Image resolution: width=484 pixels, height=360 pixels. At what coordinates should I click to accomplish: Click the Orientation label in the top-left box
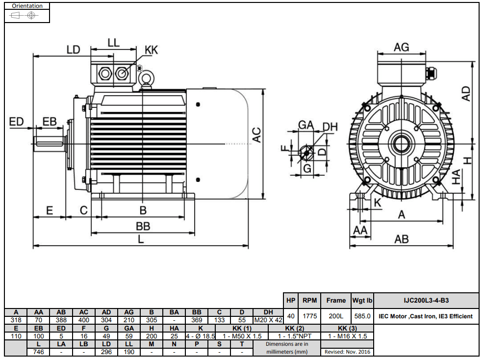click(27, 6)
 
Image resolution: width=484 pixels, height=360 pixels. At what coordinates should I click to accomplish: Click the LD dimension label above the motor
click(74, 50)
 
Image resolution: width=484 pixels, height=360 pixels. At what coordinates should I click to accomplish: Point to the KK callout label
click(151, 50)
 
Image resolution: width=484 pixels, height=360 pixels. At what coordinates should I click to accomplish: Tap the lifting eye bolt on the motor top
click(145, 78)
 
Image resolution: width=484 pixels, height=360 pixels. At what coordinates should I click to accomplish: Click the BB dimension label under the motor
click(143, 226)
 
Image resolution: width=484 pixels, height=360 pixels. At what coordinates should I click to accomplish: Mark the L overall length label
click(141, 239)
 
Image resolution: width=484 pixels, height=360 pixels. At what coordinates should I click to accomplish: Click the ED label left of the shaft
click(17, 121)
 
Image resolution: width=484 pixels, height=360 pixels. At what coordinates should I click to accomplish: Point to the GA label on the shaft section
click(306, 126)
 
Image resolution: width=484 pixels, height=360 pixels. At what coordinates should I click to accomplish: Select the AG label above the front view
click(401, 47)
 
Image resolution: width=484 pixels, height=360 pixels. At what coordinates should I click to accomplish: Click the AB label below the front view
click(401, 239)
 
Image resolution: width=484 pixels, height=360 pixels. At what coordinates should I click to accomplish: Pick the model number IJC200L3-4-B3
click(426, 301)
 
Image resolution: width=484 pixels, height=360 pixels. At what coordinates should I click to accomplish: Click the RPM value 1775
click(309, 316)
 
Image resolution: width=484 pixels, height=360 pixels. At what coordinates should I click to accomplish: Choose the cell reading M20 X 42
click(268, 320)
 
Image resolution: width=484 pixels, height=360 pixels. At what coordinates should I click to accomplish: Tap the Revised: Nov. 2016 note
click(348, 352)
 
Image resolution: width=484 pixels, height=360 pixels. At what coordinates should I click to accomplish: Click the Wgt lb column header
click(362, 301)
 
